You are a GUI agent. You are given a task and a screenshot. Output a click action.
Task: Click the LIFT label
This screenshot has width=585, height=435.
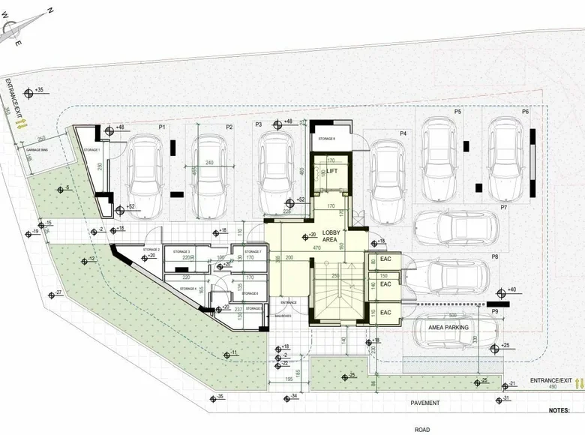(x=331, y=171)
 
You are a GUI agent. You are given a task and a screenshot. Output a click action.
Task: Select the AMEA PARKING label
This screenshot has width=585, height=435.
(x=448, y=327)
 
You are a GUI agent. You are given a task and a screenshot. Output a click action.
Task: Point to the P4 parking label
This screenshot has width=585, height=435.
(x=403, y=133)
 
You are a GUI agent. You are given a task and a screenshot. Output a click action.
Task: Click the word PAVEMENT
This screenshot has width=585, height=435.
(x=424, y=403)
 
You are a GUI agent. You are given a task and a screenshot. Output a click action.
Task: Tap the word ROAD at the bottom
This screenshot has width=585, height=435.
(x=421, y=430)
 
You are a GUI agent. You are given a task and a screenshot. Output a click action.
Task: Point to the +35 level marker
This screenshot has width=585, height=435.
(x=40, y=90)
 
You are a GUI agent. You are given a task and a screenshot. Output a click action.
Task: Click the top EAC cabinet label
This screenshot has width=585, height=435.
(x=385, y=260)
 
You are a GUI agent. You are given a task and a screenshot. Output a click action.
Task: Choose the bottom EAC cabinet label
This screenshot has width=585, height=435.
(x=385, y=312)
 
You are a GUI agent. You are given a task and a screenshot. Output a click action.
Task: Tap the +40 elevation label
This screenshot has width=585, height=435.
(x=511, y=289)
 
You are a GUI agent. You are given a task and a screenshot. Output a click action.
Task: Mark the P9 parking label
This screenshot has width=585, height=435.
(x=494, y=311)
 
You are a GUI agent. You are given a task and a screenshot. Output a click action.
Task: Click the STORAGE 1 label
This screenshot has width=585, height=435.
(x=91, y=151)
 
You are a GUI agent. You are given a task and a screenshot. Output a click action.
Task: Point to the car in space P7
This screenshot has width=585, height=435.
(x=454, y=226)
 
